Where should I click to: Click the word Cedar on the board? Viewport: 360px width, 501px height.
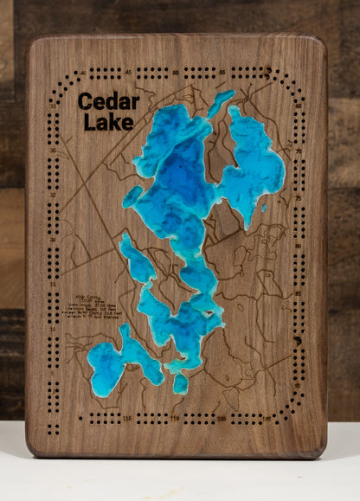[x=108, y=102]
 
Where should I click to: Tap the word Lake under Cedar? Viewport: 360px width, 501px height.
[x=108, y=122]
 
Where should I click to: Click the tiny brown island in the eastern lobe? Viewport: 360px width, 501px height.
[x=263, y=207]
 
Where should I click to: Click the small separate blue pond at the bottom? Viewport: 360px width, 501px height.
[x=180, y=382]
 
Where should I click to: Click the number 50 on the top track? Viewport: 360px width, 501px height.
[x=177, y=73]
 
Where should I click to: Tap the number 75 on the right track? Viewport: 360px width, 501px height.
[x=298, y=200]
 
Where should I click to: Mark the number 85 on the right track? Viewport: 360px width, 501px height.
[x=298, y=292]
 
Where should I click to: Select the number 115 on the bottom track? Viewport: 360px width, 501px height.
[x=129, y=420]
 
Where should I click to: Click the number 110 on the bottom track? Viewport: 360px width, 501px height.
[x=176, y=420]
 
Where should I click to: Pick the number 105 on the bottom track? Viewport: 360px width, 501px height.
[x=222, y=420]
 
